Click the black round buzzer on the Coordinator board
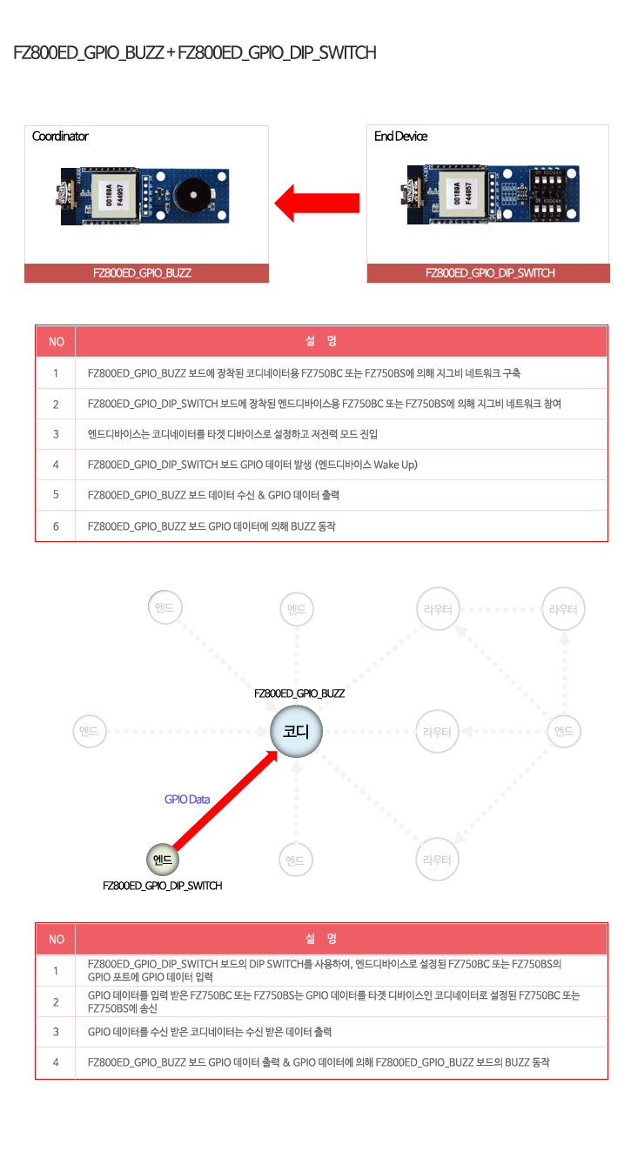pyautogui.click(x=193, y=195)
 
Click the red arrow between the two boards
pyautogui.click(x=317, y=203)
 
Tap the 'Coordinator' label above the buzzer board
pyautogui.click(x=60, y=136)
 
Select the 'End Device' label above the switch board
pyautogui.click(x=401, y=136)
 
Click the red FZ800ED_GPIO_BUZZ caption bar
pyautogui.click(x=146, y=273)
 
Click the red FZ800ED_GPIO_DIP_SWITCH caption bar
pyautogui.click(x=488, y=273)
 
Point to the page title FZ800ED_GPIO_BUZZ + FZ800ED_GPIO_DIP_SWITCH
pyautogui.click(x=194, y=53)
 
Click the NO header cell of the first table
pyautogui.click(x=56, y=341)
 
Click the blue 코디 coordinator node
pyautogui.click(x=297, y=732)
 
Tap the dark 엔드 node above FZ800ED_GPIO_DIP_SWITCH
pyautogui.click(x=163, y=860)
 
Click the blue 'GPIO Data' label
pyautogui.click(x=187, y=800)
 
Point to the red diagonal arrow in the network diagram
pyautogui.click(x=225, y=800)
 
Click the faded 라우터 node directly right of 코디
pyautogui.click(x=437, y=732)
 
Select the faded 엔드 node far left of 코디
pyautogui.click(x=89, y=731)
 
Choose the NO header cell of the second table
pyautogui.click(x=56, y=939)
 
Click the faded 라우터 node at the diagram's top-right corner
pyautogui.click(x=563, y=609)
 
